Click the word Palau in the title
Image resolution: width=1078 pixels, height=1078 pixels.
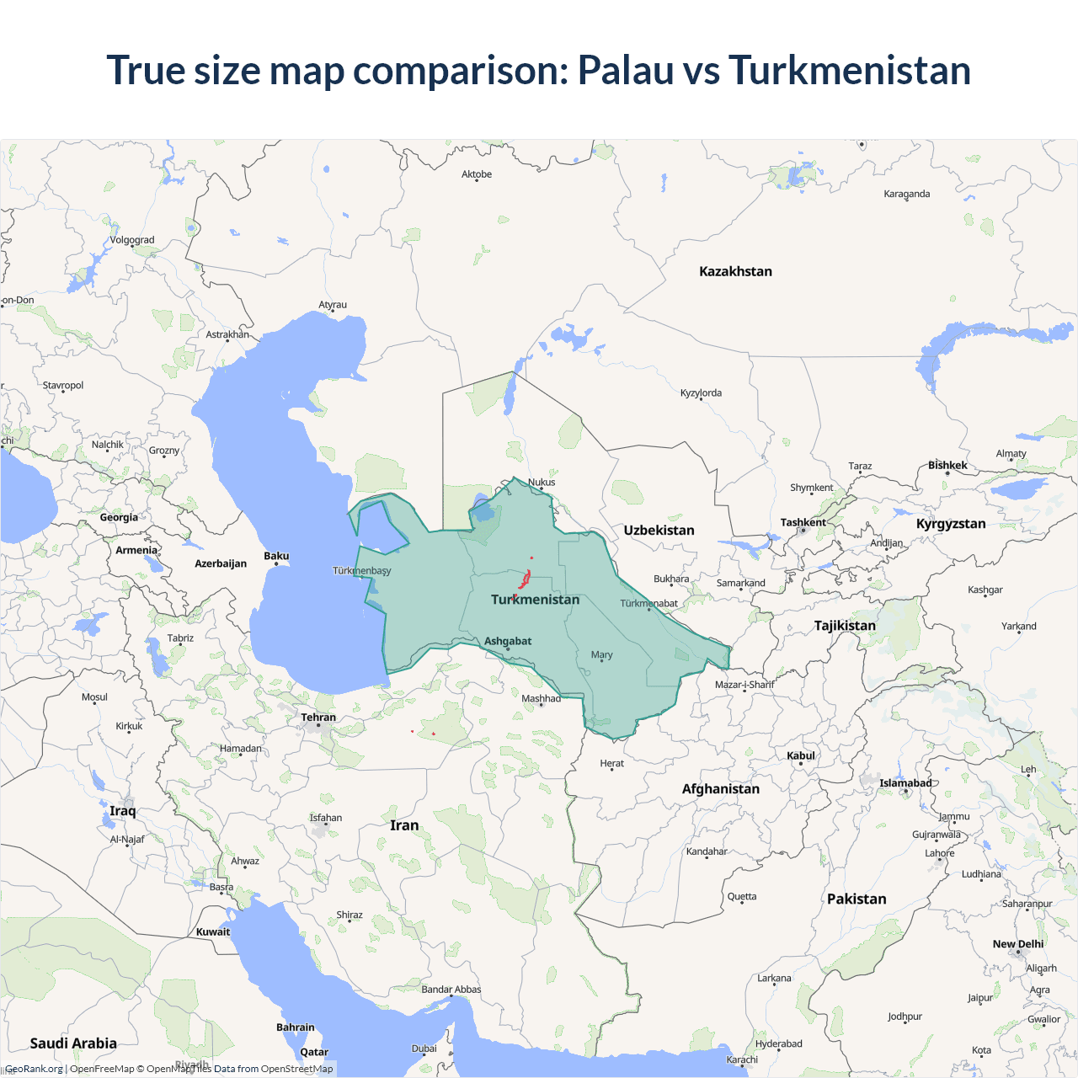(625, 70)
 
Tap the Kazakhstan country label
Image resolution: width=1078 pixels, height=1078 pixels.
(735, 271)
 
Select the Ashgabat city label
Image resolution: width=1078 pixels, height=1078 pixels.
(508, 641)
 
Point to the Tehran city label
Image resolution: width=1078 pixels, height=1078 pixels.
(318, 718)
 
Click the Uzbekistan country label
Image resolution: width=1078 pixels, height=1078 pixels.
(659, 530)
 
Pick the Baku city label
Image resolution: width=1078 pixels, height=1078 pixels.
(276, 556)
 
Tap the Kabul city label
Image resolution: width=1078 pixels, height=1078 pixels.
(801, 755)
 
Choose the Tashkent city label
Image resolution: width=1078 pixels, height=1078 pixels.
(803, 522)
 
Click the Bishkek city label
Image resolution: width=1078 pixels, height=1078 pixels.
(947, 465)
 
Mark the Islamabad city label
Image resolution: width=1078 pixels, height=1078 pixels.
(905, 783)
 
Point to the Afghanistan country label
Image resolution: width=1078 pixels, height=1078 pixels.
(720, 789)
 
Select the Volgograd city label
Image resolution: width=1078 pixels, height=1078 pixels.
(132, 240)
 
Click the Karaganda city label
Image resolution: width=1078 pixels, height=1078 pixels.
(907, 194)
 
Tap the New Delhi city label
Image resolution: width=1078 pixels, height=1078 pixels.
(1017, 944)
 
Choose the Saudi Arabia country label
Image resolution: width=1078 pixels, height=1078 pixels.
(73, 1043)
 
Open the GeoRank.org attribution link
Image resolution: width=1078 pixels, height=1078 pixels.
(34, 1069)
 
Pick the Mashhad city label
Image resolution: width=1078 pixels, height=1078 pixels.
(541, 698)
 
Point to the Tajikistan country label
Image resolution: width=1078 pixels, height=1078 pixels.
(845, 626)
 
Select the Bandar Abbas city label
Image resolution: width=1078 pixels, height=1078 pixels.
(451, 990)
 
